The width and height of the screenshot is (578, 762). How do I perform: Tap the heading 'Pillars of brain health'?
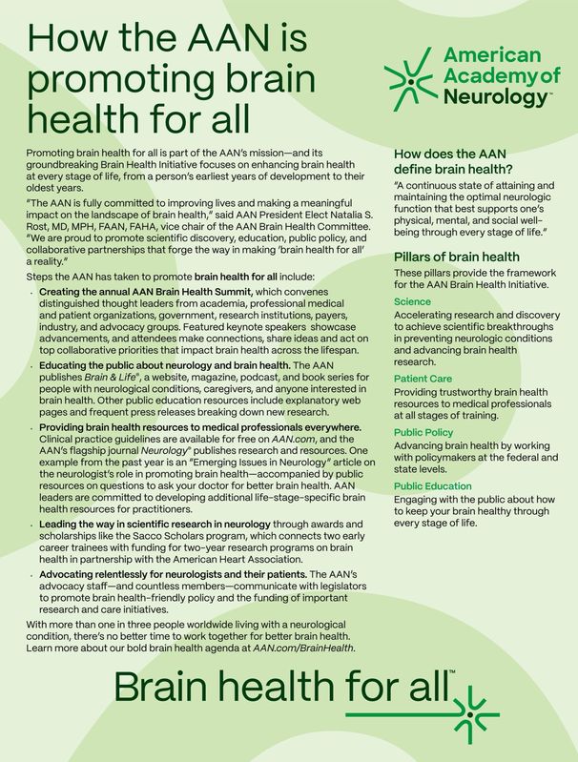tap(456, 257)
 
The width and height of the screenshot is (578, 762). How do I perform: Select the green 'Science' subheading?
tap(412, 301)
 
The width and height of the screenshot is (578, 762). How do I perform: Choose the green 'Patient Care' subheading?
tap(423, 379)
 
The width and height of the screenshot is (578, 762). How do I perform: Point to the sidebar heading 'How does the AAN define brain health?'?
tap(450, 160)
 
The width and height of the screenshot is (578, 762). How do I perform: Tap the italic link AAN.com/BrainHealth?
tap(304, 648)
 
